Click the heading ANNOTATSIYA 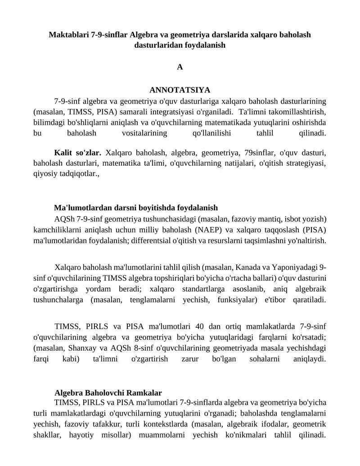tap(180, 90)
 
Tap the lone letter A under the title tap(180, 67)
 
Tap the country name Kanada tap(263, 267)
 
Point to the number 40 tap(201, 326)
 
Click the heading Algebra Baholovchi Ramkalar tap(108, 393)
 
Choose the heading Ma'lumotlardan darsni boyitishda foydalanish tap(136, 208)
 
